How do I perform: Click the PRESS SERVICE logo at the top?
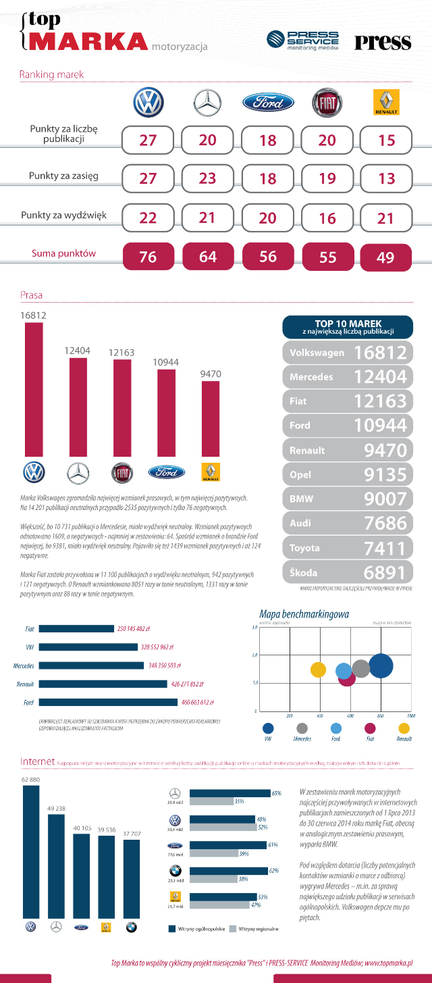click(x=304, y=40)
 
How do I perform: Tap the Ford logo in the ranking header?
click(x=268, y=103)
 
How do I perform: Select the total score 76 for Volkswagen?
click(x=148, y=257)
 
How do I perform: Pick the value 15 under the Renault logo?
click(x=387, y=140)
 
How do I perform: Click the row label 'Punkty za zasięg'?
click(x=63, y=176)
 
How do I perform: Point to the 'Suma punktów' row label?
click(x=63, y=254)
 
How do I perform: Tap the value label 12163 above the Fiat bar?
click(x=123, y=353)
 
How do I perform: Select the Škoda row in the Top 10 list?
click(x=348, y=572)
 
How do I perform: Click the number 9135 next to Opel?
click(x=385, y=474)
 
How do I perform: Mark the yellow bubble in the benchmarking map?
click(x=318, y=670)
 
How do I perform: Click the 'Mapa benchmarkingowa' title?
click(x=304, y=614)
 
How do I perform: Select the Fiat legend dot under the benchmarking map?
click(x=370, y=728)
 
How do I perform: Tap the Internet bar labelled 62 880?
click(x=31, y=851)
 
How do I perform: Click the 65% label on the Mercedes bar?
click(x=276, y=793)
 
